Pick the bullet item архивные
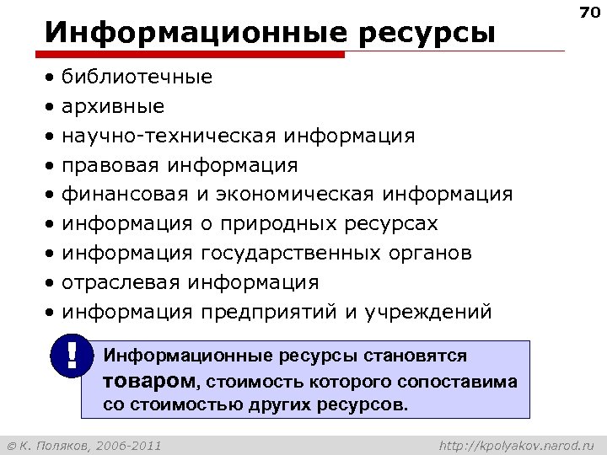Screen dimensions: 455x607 pyautogui.click(x=113, y=107)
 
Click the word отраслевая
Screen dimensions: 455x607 pyautogui.click(x=121, y=282)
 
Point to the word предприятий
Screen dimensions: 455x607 pyautogui.click(x=269, y=312)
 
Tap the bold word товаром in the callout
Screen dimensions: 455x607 pyautogui.click(x=148, y=380)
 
